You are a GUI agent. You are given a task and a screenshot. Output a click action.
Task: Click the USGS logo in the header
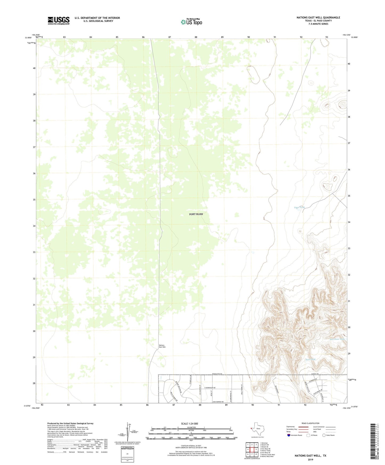point(59,21)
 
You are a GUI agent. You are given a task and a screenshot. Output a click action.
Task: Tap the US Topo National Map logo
point(191,22)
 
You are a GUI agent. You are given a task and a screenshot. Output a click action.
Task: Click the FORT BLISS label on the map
point(196,214)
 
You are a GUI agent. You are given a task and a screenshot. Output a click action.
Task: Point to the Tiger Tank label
point(299,207)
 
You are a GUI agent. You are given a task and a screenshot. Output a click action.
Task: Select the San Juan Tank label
point(337,339)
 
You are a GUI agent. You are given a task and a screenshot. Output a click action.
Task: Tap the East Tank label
point(310,359)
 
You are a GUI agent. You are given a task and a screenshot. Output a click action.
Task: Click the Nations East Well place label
point(162,346)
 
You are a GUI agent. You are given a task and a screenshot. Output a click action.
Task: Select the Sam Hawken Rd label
point(218,402)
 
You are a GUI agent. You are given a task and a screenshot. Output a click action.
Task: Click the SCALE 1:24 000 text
point(189,423)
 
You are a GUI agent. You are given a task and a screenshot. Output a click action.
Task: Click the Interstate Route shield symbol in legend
point(289,435)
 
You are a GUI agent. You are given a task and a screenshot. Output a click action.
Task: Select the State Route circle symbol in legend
point(324,435)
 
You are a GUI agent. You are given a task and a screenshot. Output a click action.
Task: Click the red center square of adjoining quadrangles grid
point(252,450)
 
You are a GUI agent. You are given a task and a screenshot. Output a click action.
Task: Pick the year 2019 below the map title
point(310,459)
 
